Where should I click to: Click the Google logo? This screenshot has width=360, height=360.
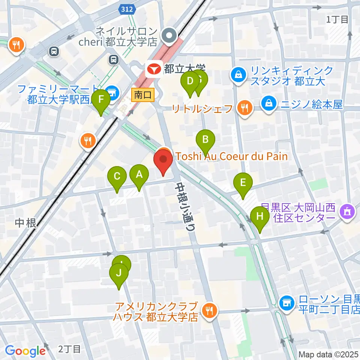click(25, 351)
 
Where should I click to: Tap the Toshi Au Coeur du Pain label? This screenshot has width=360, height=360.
click(231, 156)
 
